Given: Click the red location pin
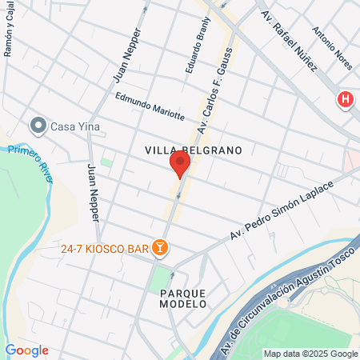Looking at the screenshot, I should point(180,165).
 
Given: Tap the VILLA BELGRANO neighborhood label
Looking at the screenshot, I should point(193,150).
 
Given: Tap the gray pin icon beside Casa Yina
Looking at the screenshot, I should point(37,126).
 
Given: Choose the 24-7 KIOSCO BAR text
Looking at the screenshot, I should point(105,249).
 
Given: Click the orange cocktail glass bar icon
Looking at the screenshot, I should point(160,249).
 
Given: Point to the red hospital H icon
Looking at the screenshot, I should point(345,100).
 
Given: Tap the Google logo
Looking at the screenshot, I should point(26,350).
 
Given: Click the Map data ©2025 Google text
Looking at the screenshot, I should point(311,354).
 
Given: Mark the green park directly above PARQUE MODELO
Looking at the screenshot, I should point(162,277).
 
